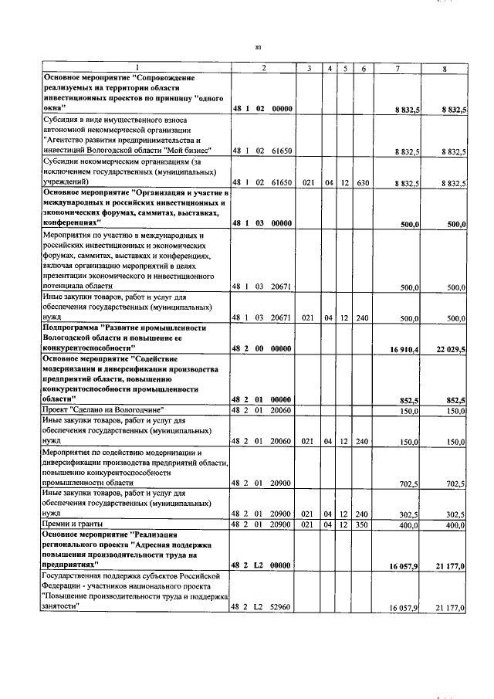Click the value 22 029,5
[x=451, y=349]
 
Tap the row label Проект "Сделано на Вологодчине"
[x=101, y=409]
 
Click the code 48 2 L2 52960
[x=262, y=609]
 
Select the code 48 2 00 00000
[x=262, y=349]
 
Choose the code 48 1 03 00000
[x=262, y=223]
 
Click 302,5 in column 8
[x=455, y=513]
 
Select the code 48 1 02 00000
[x=262, y=110]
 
